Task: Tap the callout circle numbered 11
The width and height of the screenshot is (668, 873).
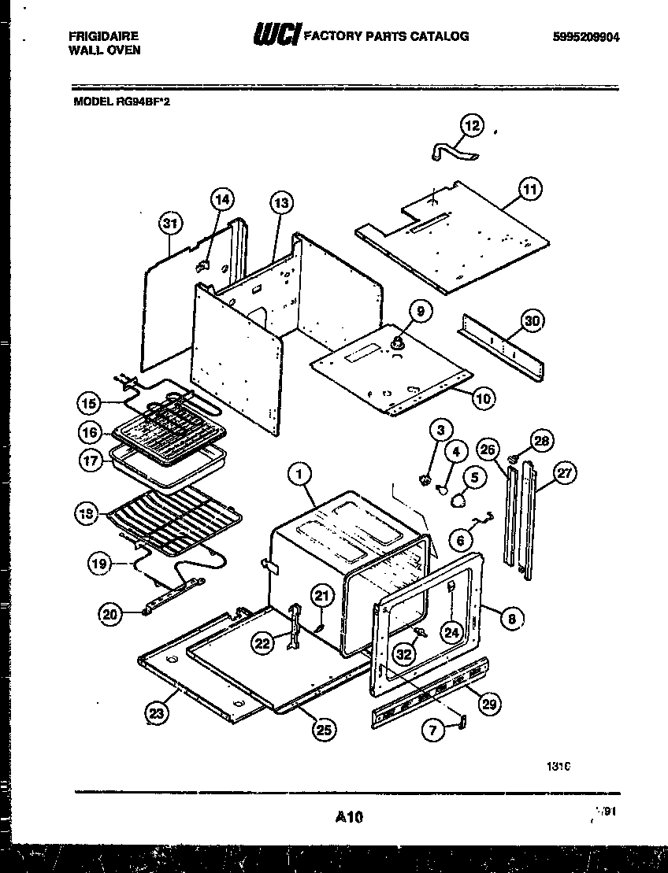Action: [x=531, y=189]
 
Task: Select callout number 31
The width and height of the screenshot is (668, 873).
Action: [x=169, y=223]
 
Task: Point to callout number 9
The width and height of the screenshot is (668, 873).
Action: [x=420, y=312]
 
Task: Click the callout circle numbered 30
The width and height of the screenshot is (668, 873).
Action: [x=533, y=321]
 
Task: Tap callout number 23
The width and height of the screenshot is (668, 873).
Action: [x=157, y=714]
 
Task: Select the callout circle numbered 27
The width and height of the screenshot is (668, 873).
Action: [x=565, y=473]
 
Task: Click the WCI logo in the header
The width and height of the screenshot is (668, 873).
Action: [x=276, y=36]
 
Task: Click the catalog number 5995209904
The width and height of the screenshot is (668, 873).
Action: [x=581, y=36]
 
